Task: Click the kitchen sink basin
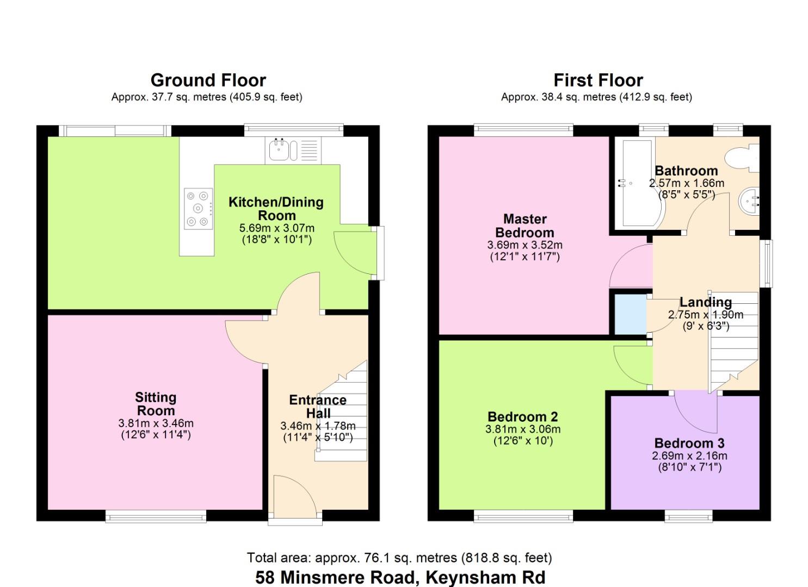[279, 150]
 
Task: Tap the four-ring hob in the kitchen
[198, 209]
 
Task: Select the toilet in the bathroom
[743, 158]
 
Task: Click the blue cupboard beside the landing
[631, 314]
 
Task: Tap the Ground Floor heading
[208, 80]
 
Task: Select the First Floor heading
[598, 80]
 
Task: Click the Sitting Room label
[156, 404]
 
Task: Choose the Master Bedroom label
[525, 226]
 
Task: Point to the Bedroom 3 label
[689, 443]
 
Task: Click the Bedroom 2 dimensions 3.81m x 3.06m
[523, 429]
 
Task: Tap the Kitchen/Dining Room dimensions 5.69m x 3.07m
[276, 228]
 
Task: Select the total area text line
[399, 558]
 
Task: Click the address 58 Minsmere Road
[335, 577]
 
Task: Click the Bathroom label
[686, 171]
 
